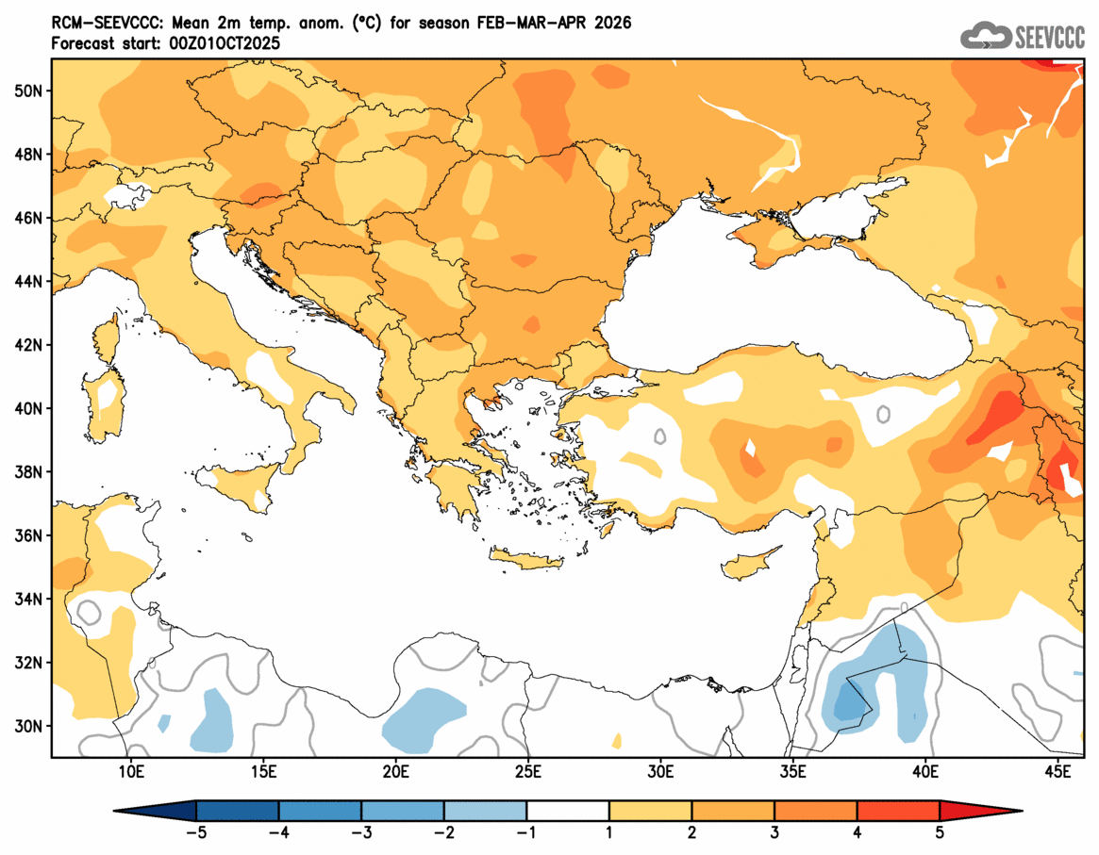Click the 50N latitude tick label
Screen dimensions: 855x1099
27,90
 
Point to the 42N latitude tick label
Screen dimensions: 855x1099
27,345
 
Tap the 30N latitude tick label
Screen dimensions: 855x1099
27,727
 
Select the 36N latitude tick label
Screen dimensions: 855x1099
27,536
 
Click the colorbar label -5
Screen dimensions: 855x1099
195,832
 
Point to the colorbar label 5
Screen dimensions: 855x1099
940,832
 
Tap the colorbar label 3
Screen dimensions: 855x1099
774,832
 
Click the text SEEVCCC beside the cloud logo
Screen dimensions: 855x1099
1048,38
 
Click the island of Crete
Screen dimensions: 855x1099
526,561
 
